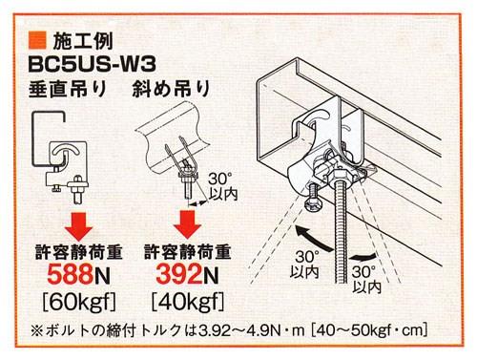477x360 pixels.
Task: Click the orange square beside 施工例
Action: tap(37, 40)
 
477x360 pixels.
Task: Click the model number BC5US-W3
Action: tap(93, 65)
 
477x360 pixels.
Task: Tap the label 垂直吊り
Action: tap(68, 89)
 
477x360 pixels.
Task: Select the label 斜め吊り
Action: tap(171, 89)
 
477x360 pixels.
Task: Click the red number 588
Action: tap(71, 274)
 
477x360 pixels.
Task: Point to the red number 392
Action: tap(179, 274)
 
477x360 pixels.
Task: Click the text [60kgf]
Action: tap(79, 301)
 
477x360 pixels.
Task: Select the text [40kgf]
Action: tap(188, 301)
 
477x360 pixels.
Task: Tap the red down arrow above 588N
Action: tap(78, 226)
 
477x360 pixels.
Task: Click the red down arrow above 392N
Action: tap(187, 224)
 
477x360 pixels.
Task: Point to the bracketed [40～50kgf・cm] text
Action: tap(369, 331)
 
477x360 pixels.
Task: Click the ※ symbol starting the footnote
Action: tap(37, 331)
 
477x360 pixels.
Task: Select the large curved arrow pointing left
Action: tap(312, 238)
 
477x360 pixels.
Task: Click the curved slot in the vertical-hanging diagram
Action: tap(65, 151)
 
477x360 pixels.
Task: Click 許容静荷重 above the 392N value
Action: tap(188, 252)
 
